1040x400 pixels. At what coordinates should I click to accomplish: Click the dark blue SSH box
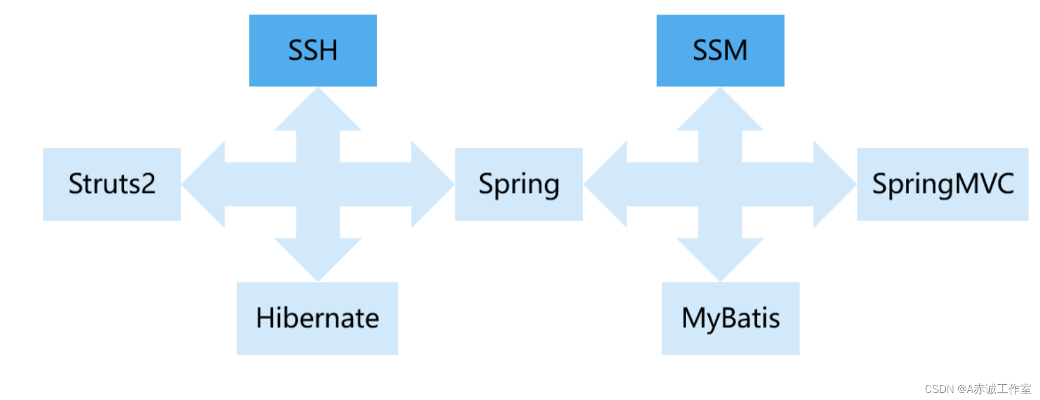313,50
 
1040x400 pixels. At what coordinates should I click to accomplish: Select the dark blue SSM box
720,50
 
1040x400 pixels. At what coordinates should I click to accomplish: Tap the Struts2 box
112,184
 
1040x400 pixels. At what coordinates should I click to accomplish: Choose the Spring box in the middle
518,184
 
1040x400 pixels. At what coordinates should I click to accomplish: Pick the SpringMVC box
942,184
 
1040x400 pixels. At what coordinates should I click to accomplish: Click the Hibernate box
317,318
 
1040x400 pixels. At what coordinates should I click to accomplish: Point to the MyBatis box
730,318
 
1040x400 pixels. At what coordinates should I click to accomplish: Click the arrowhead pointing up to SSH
318,111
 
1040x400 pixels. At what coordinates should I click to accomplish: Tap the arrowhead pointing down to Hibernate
318,258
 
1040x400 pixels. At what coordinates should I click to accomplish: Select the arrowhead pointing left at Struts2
205,184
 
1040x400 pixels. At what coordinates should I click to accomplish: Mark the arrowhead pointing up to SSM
720,111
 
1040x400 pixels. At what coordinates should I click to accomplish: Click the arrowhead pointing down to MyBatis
720,258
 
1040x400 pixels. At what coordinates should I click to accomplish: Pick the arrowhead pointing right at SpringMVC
834,184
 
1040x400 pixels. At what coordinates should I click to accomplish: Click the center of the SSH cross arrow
318,184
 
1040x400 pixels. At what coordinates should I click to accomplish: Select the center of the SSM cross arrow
720,184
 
